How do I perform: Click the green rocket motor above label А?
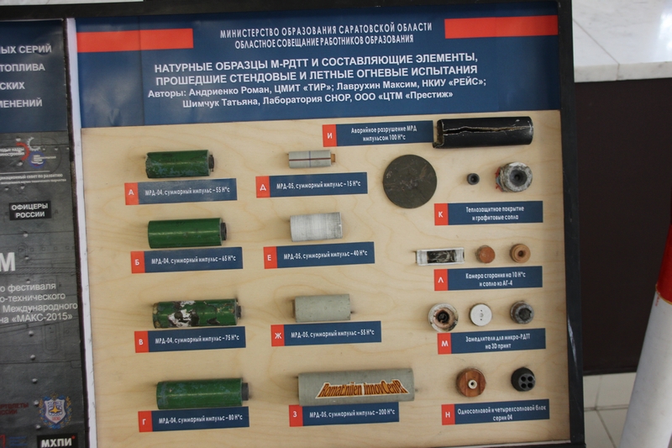(x=179, y=164)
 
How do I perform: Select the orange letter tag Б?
(x=138, y=261)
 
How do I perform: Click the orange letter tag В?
(x=141, y=340)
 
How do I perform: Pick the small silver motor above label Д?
(x=311, y=159)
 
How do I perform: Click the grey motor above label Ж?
(x=323, y=307)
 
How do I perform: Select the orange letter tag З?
(x=296, y=415)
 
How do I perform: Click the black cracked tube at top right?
(x=483, y=132)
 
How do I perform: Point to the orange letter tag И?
(x=329, y=134)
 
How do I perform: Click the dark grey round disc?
(x=410, y=181)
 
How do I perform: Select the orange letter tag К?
(x=441, y=214)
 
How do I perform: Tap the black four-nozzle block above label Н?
(x=522, y=379)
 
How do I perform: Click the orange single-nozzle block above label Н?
(x=470, y=382)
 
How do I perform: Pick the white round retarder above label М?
(x=480, y=314)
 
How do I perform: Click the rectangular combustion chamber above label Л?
(x=439, y=256)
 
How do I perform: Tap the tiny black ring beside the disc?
(x=473, y=178)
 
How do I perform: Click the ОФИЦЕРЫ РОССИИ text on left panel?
(x=30, y=210)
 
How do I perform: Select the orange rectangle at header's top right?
(x=501, y=27)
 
